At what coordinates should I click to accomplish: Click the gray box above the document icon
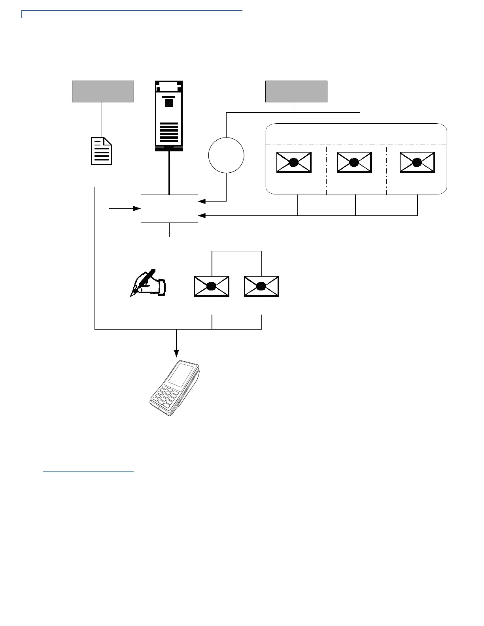point(103,91)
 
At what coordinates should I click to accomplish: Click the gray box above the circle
point(296,91)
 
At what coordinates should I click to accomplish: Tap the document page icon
point(102,151)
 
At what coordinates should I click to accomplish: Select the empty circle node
point(226,155)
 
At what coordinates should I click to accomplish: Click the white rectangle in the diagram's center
point(169,208)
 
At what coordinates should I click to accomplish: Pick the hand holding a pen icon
point(148,283)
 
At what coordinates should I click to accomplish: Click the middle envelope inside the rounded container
point(354,162)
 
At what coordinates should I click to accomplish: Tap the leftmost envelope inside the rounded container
point(294,162)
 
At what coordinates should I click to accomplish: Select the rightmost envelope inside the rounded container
point(417,162)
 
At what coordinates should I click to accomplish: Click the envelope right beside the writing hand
point(212,286)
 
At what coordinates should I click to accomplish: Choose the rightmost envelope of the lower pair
point(261,286)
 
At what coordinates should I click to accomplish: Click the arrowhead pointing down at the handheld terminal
point(176,353)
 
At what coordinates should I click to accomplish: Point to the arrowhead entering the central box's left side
point(138,208)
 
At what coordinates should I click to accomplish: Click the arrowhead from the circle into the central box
point(201,201)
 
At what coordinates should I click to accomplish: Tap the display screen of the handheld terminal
point(181,375)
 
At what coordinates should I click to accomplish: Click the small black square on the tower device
point(169,103)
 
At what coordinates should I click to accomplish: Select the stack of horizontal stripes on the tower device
point(169,134)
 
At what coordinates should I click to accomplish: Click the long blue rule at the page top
point(132,11)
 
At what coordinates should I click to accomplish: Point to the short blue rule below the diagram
point(88,471)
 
